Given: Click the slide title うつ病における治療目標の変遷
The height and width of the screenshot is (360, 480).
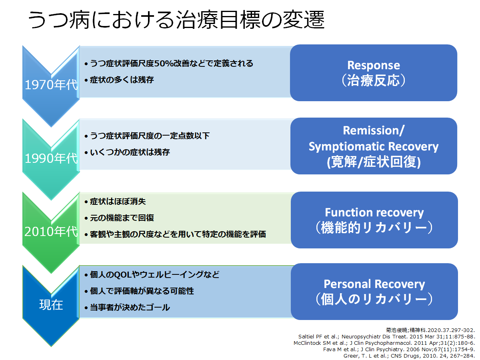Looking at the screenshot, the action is (176, 20).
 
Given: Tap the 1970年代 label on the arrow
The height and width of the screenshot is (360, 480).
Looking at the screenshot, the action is (51, 85).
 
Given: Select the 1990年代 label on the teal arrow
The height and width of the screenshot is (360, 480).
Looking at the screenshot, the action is (51, 158).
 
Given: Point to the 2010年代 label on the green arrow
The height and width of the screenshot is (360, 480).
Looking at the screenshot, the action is (51, 232).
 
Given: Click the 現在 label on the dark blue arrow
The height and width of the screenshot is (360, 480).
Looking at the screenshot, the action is (51, 305).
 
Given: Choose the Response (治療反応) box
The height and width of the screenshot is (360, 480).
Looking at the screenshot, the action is (374, 73).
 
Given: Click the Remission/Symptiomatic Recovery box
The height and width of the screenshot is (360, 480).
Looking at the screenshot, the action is (374, 146).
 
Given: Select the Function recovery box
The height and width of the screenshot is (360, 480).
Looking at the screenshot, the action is (374, 220).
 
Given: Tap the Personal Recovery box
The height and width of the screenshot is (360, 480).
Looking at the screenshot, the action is (374, 292).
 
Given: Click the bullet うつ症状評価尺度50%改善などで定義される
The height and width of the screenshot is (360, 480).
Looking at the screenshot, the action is (169, 64).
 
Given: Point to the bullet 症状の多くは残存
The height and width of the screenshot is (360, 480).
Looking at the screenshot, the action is (119, 80).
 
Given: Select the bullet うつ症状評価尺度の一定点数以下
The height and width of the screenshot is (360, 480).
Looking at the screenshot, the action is (147, 136).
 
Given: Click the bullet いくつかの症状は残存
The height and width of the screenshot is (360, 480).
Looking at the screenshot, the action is (127, 152).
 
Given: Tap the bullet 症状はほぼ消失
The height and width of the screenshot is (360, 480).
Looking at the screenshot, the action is (115, 202).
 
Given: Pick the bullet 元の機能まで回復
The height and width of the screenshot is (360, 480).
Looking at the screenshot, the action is (119, 218).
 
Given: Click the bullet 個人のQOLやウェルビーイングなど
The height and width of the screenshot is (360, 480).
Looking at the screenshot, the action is (152, 275).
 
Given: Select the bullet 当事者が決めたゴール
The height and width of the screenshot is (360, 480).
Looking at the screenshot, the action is (127, 308).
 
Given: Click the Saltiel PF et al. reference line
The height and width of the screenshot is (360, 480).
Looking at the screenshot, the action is (387, 337).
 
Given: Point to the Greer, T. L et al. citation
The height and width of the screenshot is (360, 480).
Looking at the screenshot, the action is (409, 356).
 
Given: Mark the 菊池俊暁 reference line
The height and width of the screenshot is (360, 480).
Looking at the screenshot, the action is (430, 330).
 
